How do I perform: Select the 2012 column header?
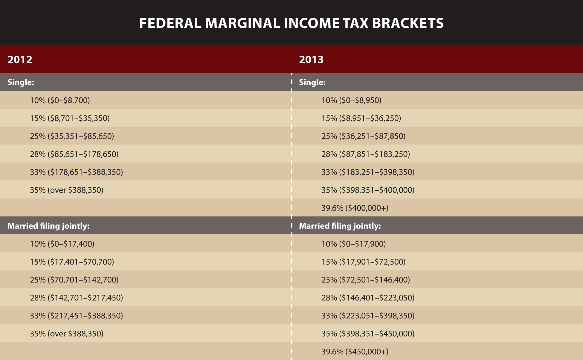coord(20,60)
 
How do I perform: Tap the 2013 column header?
coord(311,60)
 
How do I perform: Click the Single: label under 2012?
coord(21,82)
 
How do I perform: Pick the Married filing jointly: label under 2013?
coord(340,226)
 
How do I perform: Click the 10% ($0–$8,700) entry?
coord(60,100)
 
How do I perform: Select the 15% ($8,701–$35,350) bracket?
coord(70,118)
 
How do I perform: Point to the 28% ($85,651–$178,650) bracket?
coord(74,154)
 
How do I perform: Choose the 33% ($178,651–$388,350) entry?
coord(76,172)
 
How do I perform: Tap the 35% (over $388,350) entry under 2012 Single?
coord(66,190)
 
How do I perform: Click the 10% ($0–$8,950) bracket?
coord(351,100)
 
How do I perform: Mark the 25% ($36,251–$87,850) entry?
coord(363,136)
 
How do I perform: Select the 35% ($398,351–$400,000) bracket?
coord(368,190)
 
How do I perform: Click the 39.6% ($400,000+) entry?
coord(355,208)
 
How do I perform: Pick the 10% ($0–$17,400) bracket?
coord(62,244)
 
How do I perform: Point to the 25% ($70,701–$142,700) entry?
coord(74,280)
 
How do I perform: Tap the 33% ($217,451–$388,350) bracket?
coord(76,316)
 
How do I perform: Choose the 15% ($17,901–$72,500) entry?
coord(363,262)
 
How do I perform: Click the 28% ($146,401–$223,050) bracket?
coord(368,298)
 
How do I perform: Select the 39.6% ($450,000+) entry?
coord(355,352)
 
